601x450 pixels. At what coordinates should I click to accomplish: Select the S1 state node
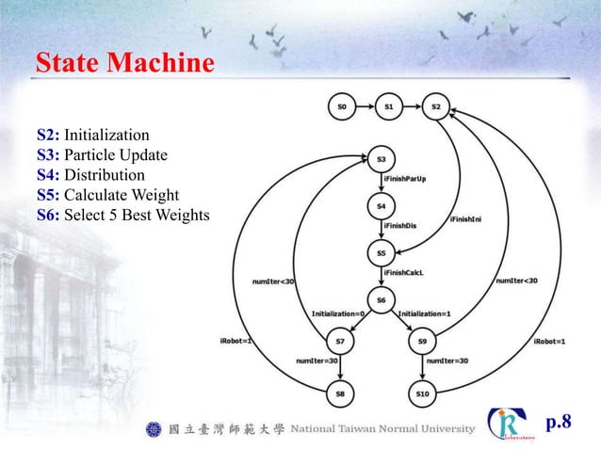(x=388, y=107)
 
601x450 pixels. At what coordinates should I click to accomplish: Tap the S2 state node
(x=435, y=107)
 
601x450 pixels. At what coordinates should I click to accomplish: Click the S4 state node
(x=382, y=204)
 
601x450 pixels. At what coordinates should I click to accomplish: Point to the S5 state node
(x=382, y=252)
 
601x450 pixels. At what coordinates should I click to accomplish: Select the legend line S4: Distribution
(x=91, y=175)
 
